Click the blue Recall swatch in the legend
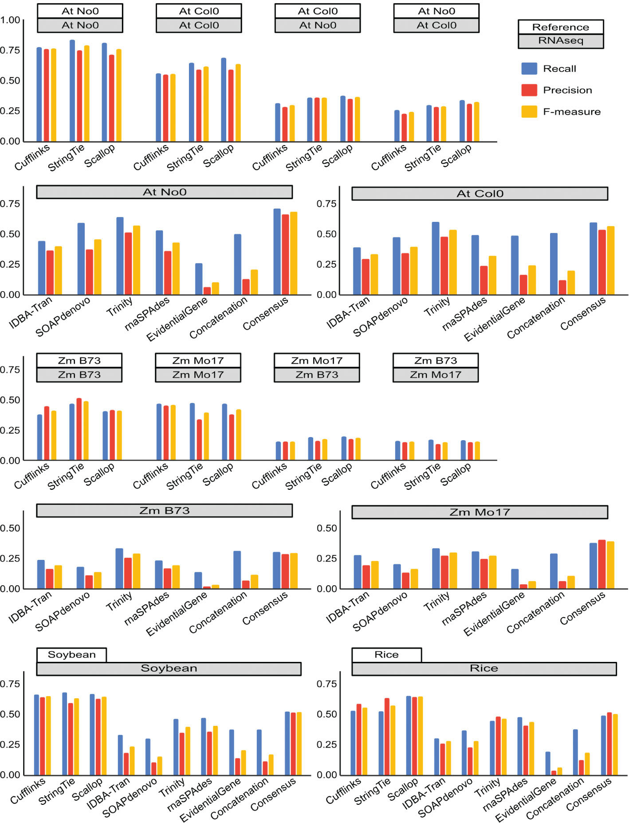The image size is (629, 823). point(529,68)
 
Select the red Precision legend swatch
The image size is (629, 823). point(529,90)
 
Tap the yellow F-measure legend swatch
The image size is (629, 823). point(529,111)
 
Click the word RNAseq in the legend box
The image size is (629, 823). point(561,41)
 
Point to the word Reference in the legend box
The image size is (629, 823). point(561,27)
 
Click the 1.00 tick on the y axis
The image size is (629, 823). point(10,20)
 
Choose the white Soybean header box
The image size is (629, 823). point(71,654)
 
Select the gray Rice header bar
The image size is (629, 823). point(484,669)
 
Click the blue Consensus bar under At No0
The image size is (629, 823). point(277,252)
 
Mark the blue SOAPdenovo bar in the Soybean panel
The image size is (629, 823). point(148,756)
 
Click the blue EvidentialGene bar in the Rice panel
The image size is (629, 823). point(548,763)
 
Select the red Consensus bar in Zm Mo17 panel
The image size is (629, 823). point(602,564)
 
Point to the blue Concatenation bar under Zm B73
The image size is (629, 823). point(237,570)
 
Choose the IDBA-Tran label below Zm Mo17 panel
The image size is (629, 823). point(347,607)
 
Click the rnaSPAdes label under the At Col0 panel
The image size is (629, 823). point(464,313)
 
